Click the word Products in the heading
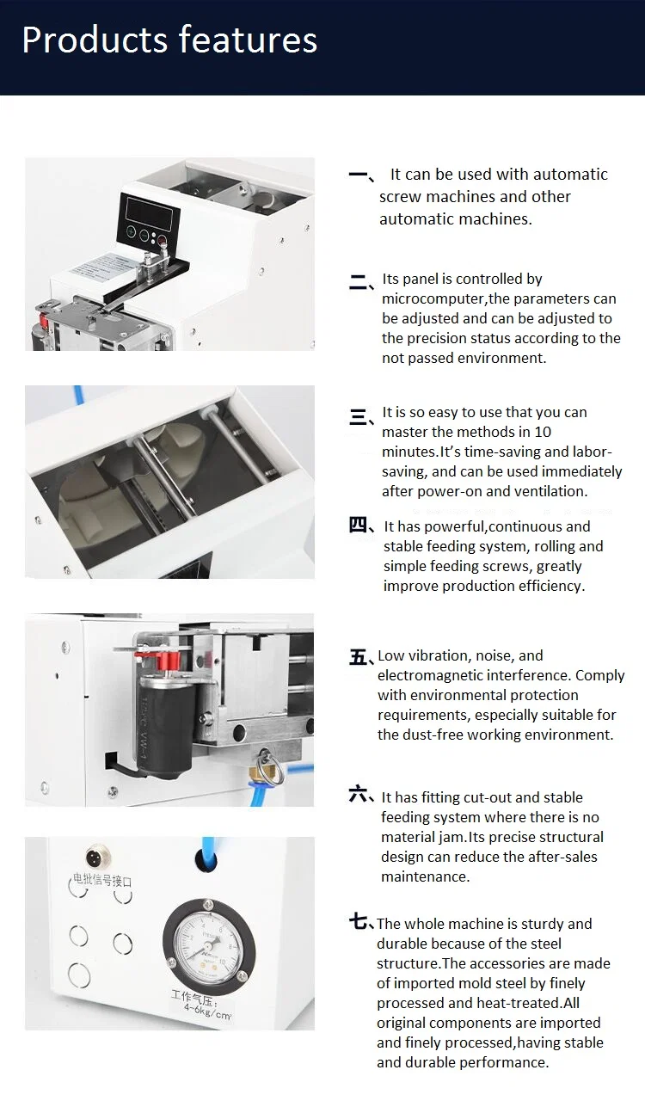tap(95, 40)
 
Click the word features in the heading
tap(249, 40)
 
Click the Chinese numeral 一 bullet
tap(359, 175)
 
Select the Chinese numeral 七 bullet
tap(359, 922)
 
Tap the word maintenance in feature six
tap(425, 876)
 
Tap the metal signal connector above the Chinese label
tap(95, 858)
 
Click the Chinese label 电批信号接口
tap(102, 881)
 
